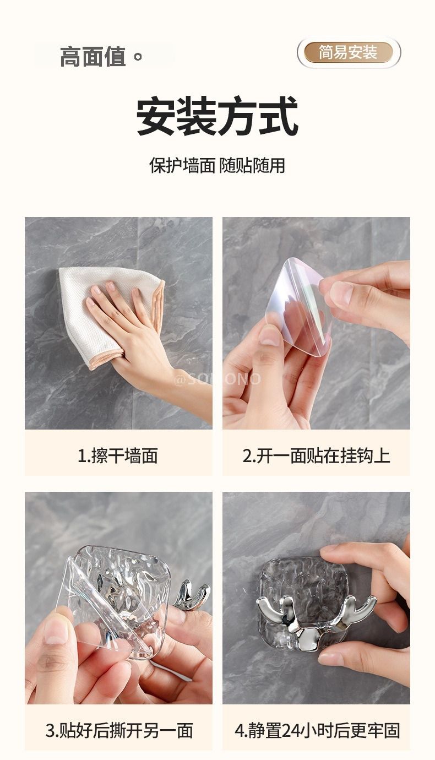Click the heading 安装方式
click(217, 116)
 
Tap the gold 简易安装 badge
click(349, 52)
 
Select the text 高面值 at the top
click(93, 57)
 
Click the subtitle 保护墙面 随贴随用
click(217, 166)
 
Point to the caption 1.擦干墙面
click(118, 455)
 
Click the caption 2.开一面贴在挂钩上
click(316, 455)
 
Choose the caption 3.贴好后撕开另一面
click(119, 730)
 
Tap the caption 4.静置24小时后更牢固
click(317, 730)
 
